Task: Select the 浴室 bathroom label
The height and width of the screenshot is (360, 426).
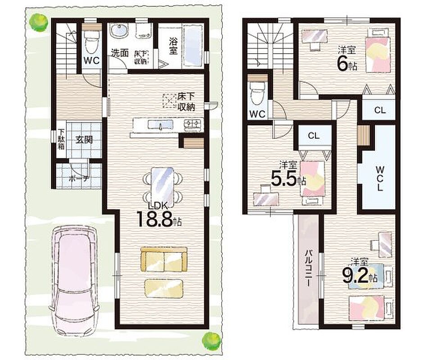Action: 173,46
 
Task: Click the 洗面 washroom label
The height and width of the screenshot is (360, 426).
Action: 120,53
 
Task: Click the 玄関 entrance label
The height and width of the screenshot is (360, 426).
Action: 84,139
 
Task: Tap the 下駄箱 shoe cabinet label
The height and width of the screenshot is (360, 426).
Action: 61,139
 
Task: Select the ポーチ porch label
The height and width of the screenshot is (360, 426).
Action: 79,178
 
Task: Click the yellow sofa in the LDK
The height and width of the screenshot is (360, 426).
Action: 164,259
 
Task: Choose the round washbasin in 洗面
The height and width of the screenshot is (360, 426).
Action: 119,31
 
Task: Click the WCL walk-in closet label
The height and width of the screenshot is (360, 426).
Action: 380,179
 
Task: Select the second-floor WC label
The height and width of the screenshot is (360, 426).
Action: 257,114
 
